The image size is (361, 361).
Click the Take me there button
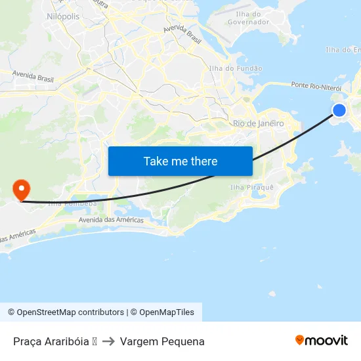pyautogui.click(x=180, y=161)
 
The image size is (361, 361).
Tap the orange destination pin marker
pyautogui.click(x=22, y=190)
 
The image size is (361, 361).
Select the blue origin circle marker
pyautogui.click(x=339, y=110)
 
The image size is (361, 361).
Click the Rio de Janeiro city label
pyautogui.click(x=258, y=123)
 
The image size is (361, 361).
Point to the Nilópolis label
pyautogui.click(x=63, y=16)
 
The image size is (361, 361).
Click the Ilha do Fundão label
pyautogui.click(x=235, y=68)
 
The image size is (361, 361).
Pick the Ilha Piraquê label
pyautogui.click(x=251, y=188)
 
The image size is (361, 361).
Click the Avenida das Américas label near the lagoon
pyautogui.click(x=111, y=220)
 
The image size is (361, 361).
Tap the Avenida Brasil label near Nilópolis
pyautogui.click(x=33, y=79)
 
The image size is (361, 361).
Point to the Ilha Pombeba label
pyautogui.click(x=73, y=203)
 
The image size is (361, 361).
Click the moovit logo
pyautogui.click(x=321, y=340)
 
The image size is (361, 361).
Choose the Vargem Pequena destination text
pyautogui.click(x=162, y=341)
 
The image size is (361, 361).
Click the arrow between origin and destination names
pyautogui.click(x=109, y=341)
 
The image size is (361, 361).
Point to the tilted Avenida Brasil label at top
pyautogui.click(x=182, y=30)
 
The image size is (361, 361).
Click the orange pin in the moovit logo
pyautogui.click(x=299, y=340)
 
